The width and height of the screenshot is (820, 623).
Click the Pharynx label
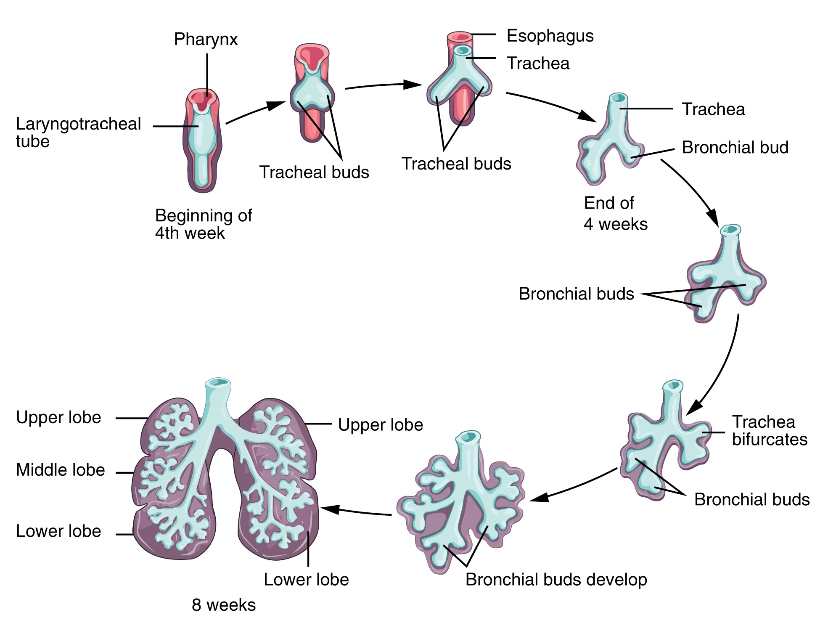(206, 40)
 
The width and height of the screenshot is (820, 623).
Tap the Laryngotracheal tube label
(78, 133)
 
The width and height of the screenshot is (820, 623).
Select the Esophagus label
(550, 36)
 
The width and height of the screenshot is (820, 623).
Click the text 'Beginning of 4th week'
(204, 224)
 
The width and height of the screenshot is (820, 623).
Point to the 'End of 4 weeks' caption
(615, 214)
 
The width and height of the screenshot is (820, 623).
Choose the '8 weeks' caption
(223, 605)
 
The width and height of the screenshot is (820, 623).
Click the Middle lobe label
(60, 470)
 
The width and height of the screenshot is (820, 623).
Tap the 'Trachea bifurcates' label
(769, 430)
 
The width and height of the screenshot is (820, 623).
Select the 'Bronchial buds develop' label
(556, 580)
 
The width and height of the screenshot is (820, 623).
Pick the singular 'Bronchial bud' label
(735, 148)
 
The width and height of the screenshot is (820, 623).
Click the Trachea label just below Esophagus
(538, 64)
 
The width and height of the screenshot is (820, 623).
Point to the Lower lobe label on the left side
(58, 531)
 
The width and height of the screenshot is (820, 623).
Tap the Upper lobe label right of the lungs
(380, 425)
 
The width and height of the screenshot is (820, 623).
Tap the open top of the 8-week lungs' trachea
(218, 382)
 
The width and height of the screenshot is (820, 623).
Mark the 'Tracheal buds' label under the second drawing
(314, 172)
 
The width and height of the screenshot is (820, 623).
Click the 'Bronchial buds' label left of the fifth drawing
(576, 294)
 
